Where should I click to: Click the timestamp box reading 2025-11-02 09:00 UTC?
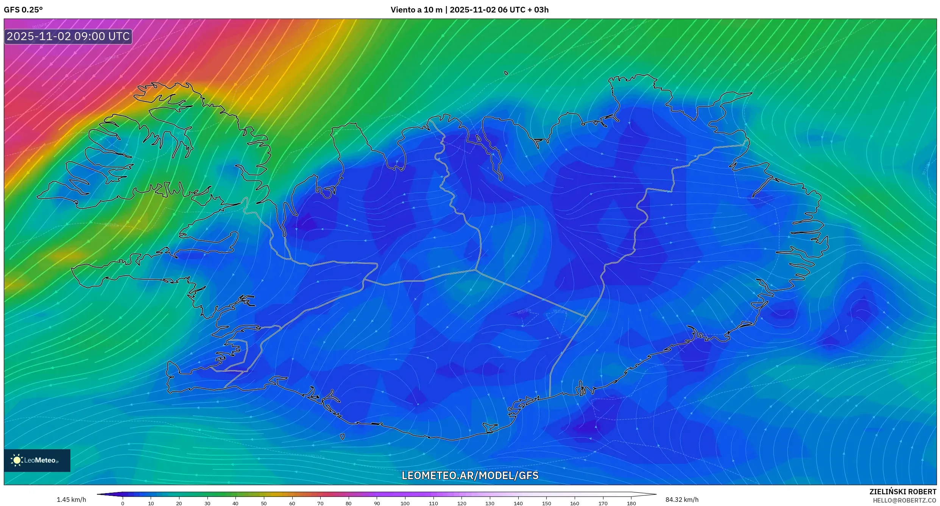[x=68, y=36]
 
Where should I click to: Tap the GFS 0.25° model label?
[x=23, y=10]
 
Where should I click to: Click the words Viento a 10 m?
[x=416, y=10]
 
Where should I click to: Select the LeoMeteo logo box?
[x=37, y=460]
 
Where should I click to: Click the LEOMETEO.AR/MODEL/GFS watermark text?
[x=470, y=475]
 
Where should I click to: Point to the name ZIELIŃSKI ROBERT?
[x=903, y=492]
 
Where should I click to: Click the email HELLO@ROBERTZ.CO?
[x=904, y=500]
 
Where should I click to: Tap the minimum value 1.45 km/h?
[x=71, y=500]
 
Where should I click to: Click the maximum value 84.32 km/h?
[x=682, y=500]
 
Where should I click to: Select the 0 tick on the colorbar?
[x=123, y=503]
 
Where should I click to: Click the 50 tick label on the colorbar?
[x=264, y=503]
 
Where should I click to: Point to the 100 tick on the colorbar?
[x=405, y=503]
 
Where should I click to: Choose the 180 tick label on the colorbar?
[x=631, y=503]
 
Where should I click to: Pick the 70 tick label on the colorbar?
[x=320, y=503]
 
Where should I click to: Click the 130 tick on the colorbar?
[x=490, y=503]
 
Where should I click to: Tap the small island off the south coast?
[x=343, y=437]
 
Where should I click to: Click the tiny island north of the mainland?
[x=506, y=73]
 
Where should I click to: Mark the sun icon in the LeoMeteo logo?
[x=17, y=460]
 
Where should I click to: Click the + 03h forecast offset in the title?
[x=541, y=10]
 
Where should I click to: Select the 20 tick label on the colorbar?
[x=179, y=503]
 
